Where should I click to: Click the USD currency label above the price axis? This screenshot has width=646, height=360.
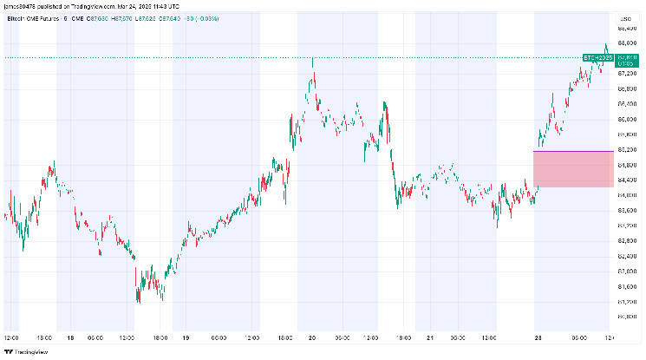622,16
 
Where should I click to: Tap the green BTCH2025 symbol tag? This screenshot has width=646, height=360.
598,57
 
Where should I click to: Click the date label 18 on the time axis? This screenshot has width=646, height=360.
69,337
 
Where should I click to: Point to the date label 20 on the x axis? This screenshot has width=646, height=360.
310,337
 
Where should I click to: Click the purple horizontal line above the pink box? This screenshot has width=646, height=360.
573,151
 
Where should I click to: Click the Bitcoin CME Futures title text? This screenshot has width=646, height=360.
29,16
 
